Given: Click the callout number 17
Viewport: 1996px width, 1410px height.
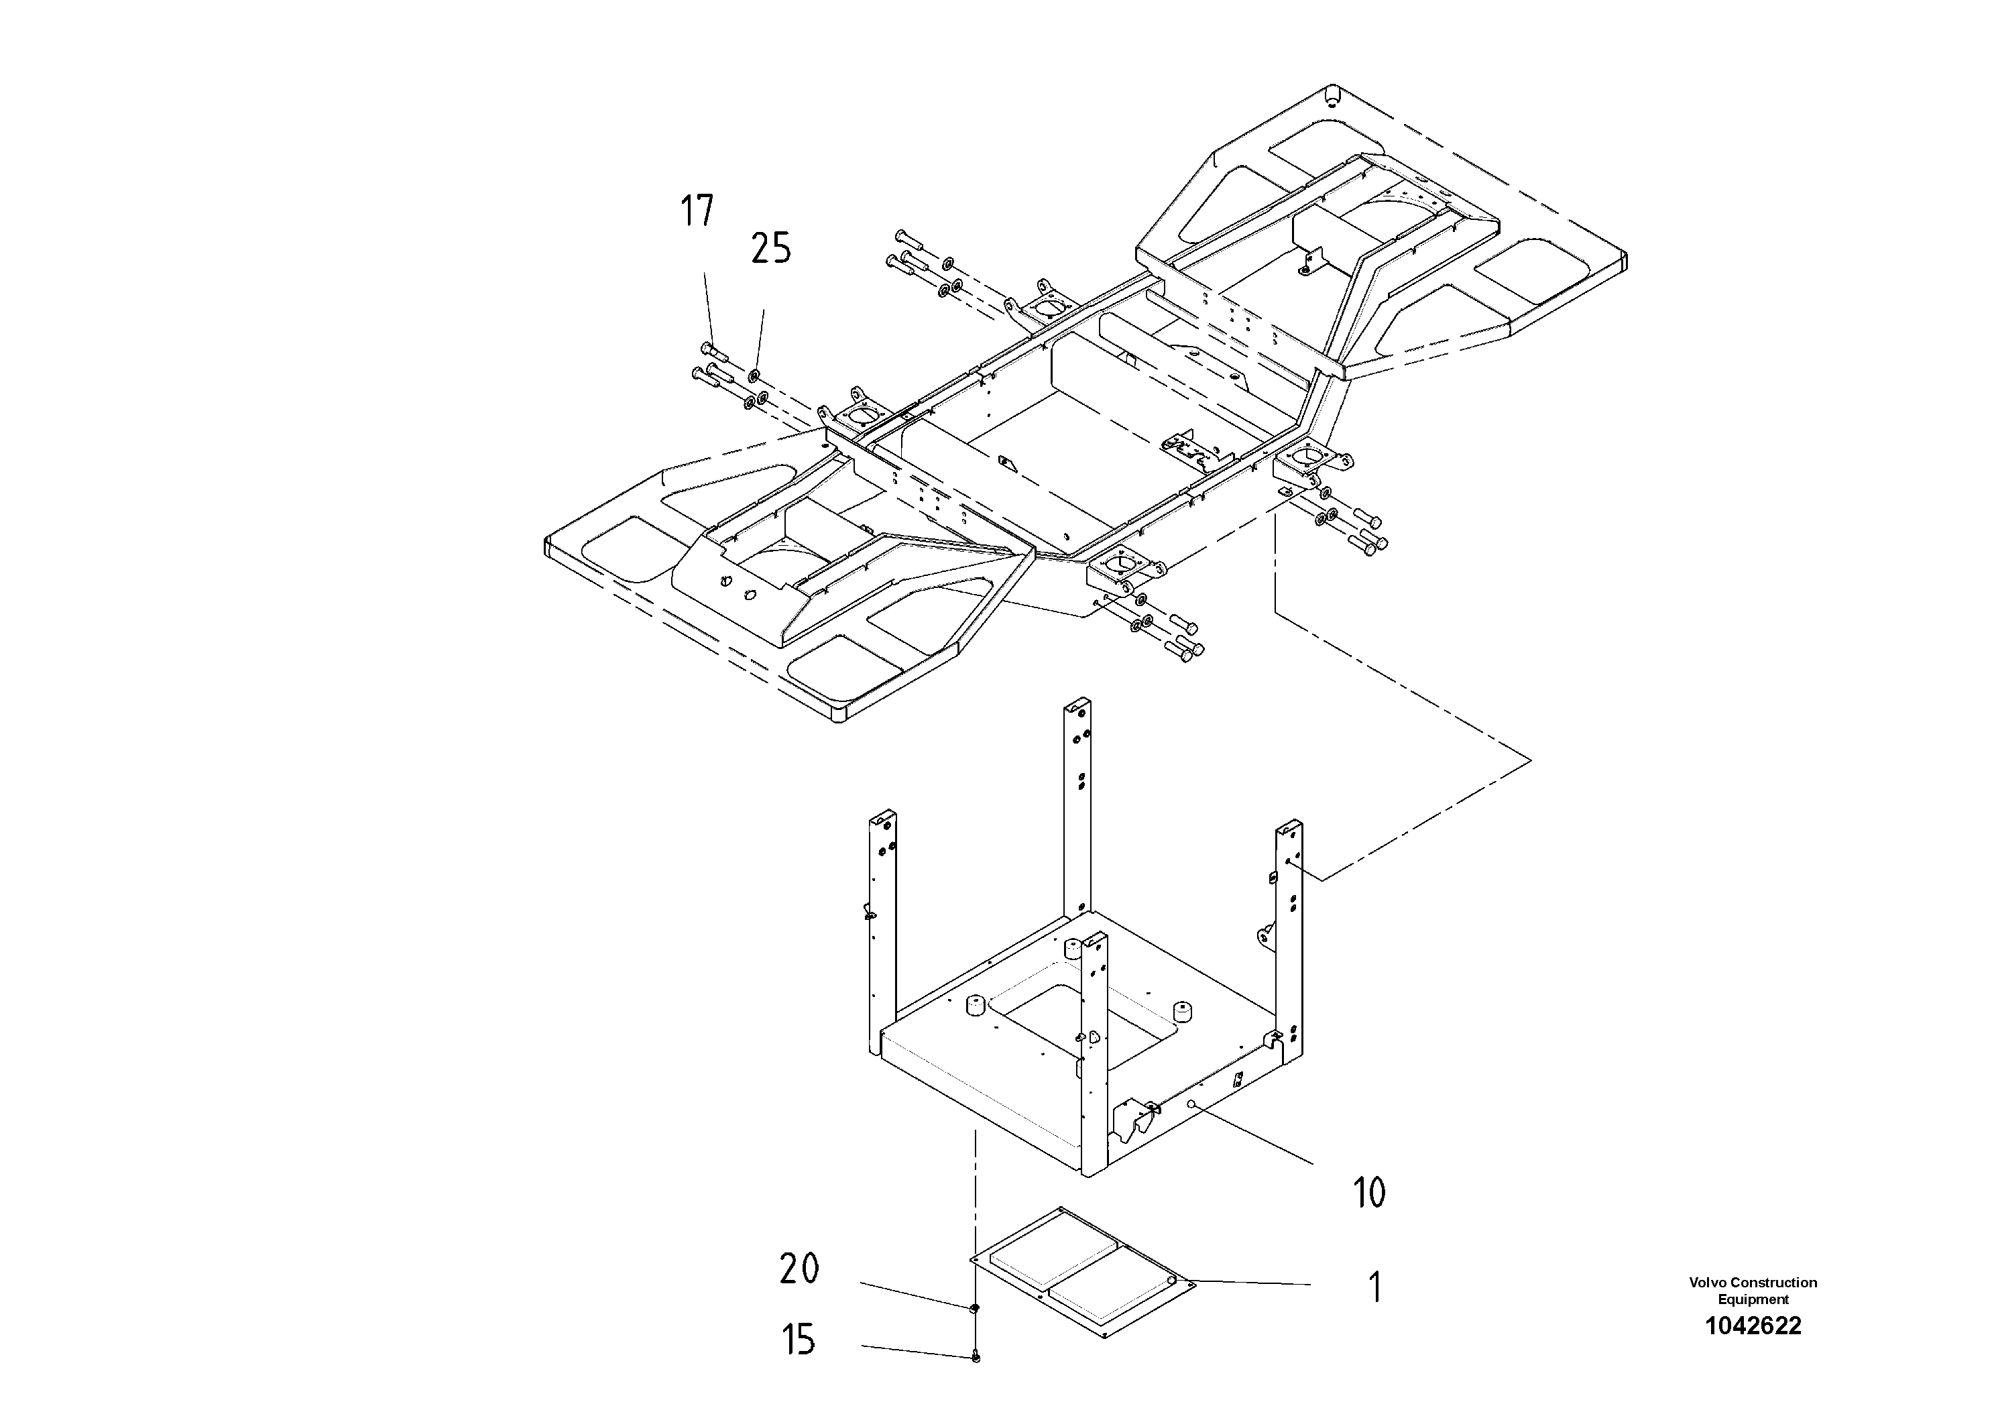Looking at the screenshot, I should (697, 211).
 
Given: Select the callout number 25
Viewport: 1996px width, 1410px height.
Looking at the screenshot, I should (771, 249).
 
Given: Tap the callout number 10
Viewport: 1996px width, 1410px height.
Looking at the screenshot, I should (1369, 1193).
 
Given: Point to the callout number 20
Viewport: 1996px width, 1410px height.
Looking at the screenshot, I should (798, 1269).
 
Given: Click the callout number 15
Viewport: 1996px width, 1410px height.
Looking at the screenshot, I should (798, 1340).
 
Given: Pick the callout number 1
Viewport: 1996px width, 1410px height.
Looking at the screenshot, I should (1374, 1287).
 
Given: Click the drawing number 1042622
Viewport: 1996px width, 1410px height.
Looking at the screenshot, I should (1753, 1326).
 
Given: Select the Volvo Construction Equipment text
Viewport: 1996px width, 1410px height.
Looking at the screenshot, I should (1753, 1290).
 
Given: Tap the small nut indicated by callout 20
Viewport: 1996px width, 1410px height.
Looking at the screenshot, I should (974, 1307).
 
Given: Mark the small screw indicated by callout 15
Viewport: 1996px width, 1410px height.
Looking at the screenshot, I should (976, 1357).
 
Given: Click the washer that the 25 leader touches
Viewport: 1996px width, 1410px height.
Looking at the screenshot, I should (754, 375).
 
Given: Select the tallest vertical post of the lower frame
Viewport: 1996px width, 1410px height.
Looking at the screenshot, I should (1077, 809).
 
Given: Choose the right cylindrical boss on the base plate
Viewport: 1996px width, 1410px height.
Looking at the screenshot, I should (1181, 1014).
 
